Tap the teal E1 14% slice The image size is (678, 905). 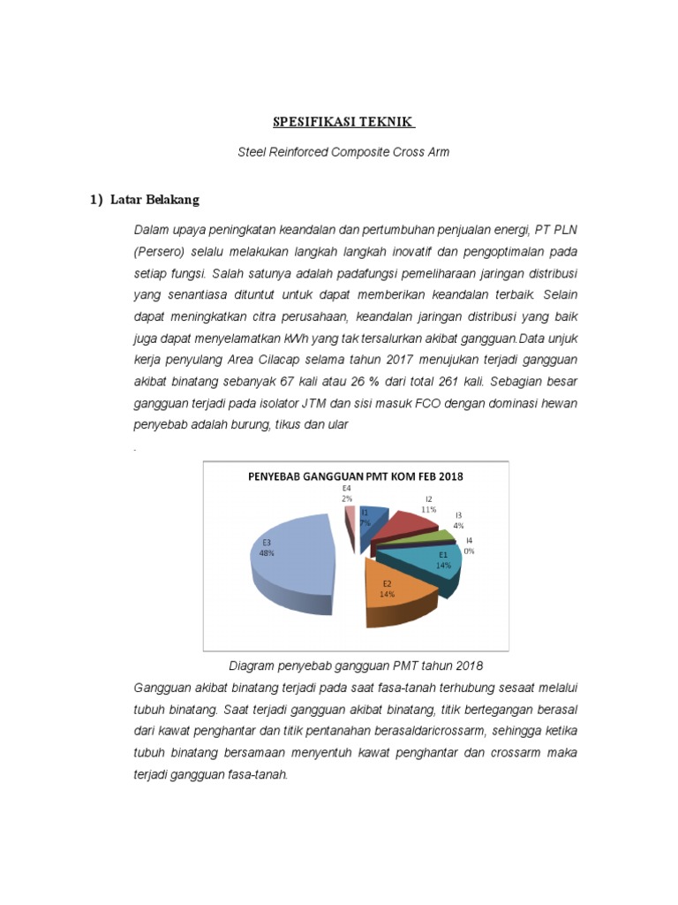tap(437, 562)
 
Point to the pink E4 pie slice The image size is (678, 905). tap(351, 522)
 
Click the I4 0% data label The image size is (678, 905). tap(469, 545)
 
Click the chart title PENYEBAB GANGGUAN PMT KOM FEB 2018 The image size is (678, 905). tap(354, 476)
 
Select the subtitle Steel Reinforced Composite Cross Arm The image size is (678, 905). tap(343, 152)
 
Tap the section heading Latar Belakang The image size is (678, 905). tap(154, 200)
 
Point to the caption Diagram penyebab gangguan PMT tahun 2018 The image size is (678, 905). tap(356, 665)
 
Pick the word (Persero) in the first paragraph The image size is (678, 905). tap(160, 251)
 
